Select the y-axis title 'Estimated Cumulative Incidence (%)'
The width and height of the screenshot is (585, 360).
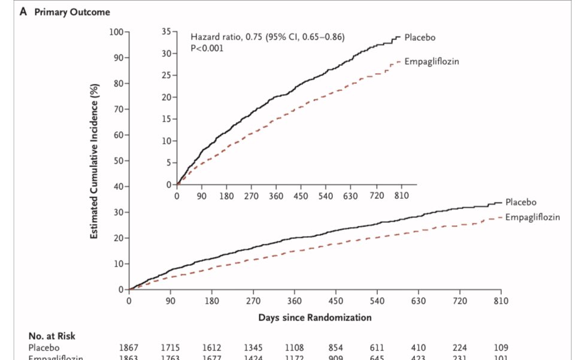(x=95, y=161)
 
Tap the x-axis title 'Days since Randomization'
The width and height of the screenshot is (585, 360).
(x=314, y=317)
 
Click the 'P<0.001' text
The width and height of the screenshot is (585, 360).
(x=207, y=48)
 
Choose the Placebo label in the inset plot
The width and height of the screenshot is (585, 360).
(x=420, y=37)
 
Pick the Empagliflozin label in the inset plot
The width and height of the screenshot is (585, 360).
(x=432, y=62)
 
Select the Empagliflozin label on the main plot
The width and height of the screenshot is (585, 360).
(x=532, y=217)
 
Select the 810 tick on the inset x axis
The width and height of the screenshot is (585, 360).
(x=401, y=196)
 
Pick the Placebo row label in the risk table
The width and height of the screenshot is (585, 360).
(x=44, y=347)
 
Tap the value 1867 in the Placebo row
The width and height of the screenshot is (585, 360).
(x=129, y=347)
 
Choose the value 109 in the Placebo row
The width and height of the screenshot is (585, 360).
(x=501, y=347)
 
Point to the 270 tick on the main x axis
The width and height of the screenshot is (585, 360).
(x=253, y=301)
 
